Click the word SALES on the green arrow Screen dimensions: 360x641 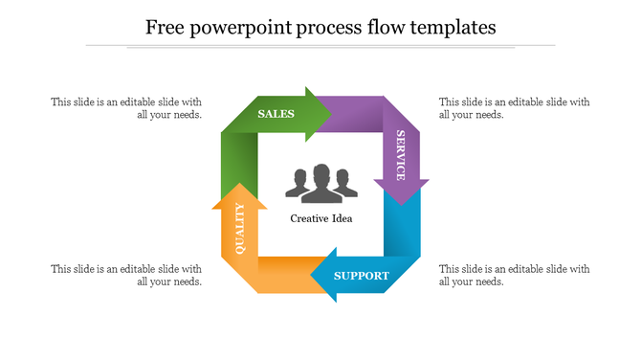276,114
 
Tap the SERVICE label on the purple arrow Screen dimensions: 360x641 400,155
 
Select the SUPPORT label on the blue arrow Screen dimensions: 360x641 362,276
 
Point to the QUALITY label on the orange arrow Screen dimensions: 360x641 239,229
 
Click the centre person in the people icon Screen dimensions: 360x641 321,183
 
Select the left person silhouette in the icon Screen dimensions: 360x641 298,186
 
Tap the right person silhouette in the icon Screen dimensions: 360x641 344,186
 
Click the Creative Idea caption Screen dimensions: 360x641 321,218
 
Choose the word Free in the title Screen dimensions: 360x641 165,27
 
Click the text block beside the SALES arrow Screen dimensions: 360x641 126,108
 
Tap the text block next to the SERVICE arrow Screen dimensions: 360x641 514,108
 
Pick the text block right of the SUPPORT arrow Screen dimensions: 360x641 514,275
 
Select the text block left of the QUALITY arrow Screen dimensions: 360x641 126,275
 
